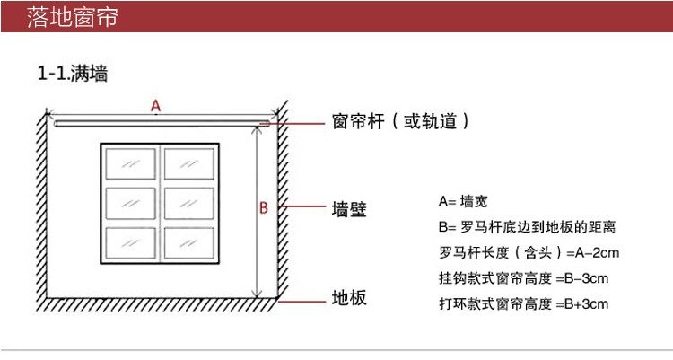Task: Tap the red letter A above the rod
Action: [155, 107]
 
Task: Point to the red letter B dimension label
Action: [264, 208]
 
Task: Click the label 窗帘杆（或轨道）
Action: [400, 121]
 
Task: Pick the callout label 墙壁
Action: [349, 210]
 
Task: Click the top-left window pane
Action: [130, 164]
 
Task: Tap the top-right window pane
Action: [188, 164]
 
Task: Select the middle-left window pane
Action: [130, 203]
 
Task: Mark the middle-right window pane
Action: [188, 203]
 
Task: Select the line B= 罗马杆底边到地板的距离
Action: [526, 227]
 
